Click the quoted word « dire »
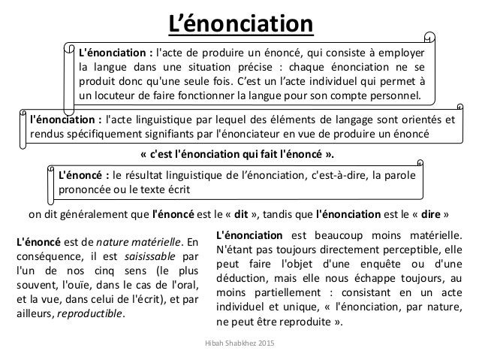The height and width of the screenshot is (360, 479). pos(423,211)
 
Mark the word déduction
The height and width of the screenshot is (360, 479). pos(242,284)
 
